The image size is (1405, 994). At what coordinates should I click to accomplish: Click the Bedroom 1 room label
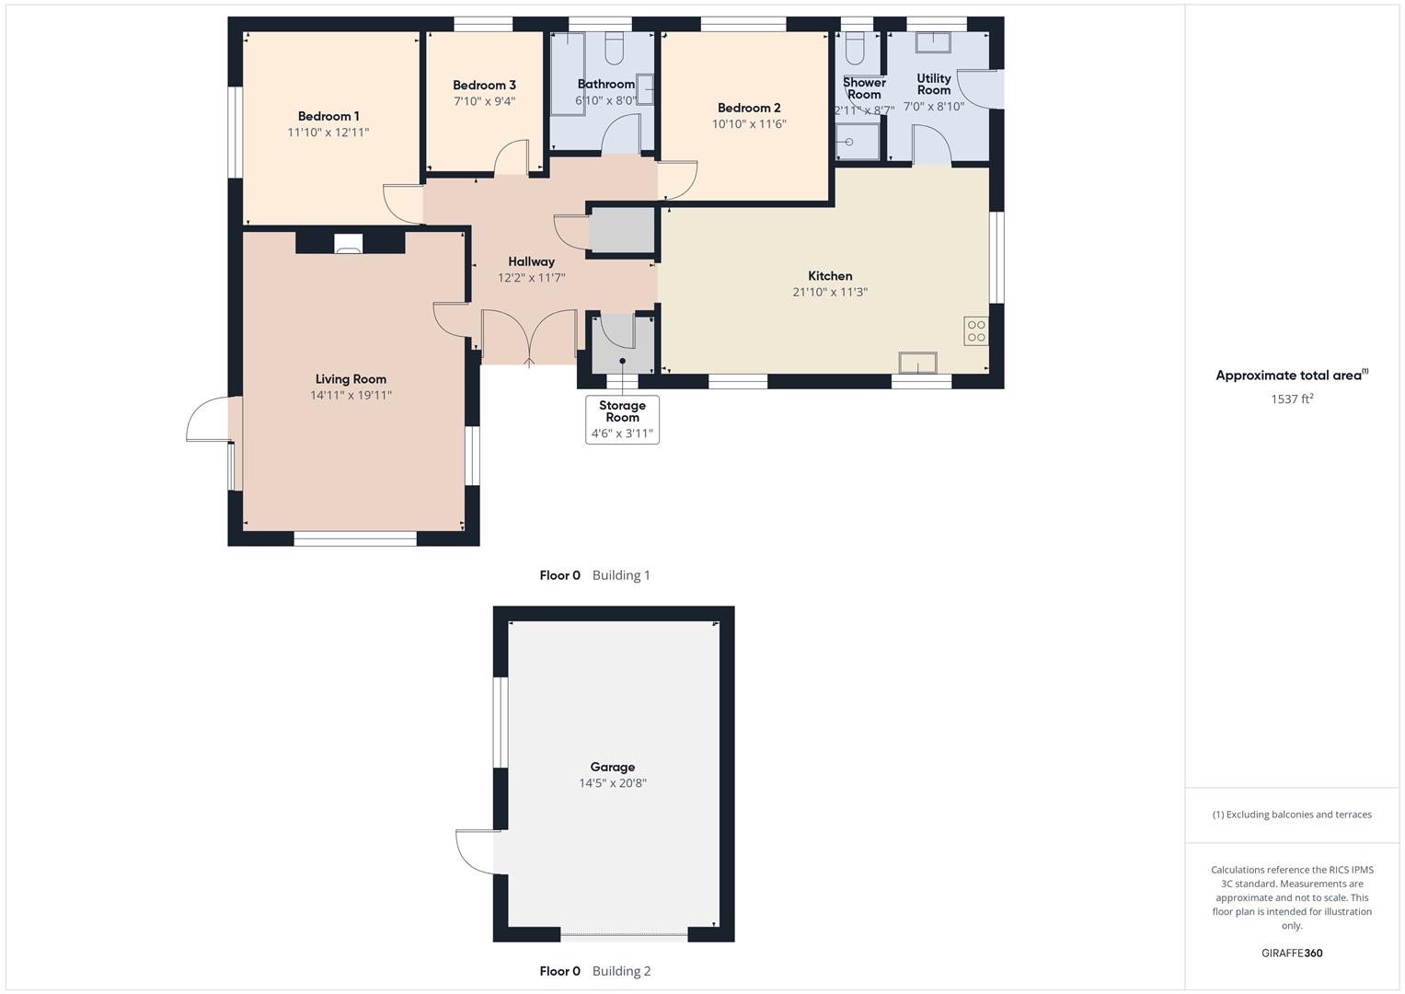328,116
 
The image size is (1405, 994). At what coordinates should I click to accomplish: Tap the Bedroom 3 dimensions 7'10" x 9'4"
484,101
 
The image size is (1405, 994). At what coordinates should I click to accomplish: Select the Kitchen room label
830,276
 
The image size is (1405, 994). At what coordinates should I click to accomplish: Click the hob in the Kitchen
976,331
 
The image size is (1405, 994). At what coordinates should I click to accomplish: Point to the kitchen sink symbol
918,364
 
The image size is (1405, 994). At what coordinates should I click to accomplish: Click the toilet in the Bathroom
614,45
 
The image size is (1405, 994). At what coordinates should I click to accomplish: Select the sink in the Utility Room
937,41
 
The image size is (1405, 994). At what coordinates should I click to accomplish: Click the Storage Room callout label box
622,420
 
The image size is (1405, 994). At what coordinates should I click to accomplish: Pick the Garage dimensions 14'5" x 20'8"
613,783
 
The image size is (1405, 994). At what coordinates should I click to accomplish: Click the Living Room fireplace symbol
349,243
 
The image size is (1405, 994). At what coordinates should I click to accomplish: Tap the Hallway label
531,261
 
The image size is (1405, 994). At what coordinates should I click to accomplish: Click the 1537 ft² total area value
1292,399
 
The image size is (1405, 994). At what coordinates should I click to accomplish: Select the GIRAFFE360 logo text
1292,954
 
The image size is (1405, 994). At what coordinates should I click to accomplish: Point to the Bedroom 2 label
749,108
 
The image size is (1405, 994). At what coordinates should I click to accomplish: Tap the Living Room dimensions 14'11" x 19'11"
351,395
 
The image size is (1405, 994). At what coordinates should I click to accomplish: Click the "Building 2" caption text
621,971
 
